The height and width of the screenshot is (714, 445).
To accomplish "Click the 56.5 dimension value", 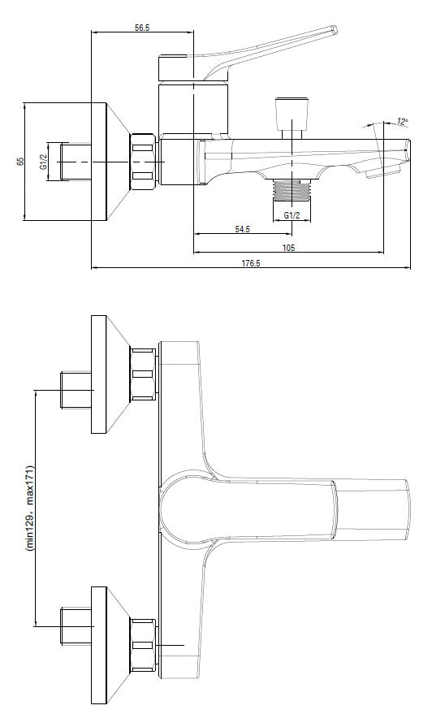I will click(142, 28).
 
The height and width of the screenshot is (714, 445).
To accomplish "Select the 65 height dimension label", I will click(19, 161).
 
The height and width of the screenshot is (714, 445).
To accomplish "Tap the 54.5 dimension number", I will click(242, 229).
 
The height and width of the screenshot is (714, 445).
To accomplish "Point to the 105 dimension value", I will click(288, 248).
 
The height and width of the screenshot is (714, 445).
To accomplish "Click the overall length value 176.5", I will click(250, 262).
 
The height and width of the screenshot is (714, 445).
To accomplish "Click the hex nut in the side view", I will click(143, 162).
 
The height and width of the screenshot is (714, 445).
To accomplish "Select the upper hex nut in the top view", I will click(143, 374).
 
